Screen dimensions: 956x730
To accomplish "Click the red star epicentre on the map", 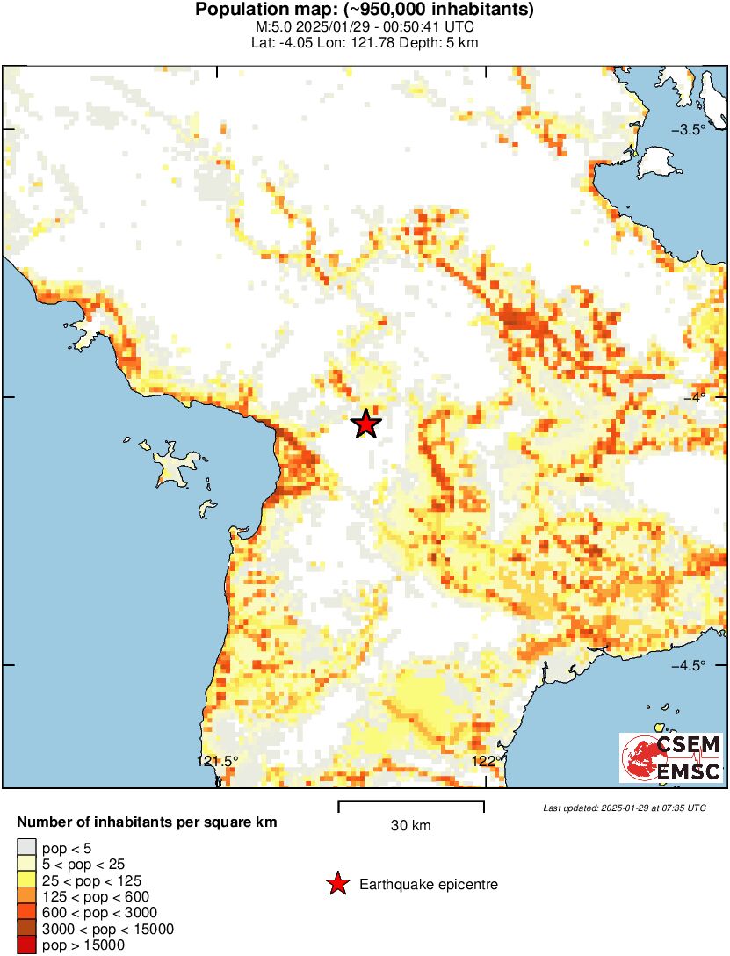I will point(366,424).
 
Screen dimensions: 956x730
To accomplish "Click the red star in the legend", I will point(336,885).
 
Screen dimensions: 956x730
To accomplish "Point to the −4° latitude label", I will point(699,397).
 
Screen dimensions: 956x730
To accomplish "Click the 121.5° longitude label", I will point(217,761).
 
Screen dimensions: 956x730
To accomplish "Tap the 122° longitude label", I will point(486,761).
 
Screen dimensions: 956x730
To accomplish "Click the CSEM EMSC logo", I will point(670,757).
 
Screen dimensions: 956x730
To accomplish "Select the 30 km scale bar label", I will point(411,826).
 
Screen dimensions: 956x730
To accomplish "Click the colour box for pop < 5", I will point(26,848).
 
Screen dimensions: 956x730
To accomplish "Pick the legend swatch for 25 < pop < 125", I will point(26,880).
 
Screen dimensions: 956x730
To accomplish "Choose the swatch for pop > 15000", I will point(26,945).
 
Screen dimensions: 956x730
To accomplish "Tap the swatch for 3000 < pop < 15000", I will point(26,929).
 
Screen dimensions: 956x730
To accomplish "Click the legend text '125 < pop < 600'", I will point(92,896).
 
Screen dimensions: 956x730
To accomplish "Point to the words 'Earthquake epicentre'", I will point(429,885).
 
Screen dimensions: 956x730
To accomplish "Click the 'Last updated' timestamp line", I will point(624,808).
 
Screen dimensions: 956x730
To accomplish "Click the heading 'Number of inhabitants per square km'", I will point(148,823).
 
